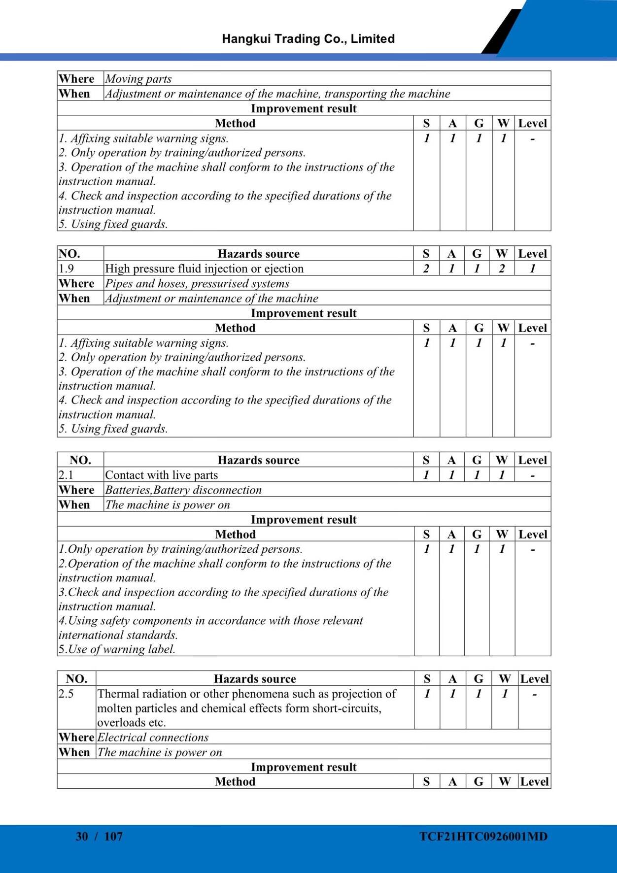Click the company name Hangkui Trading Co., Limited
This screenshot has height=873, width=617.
[308, 39]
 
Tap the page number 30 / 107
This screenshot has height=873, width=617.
[99, 836]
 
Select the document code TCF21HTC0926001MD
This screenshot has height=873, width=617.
[483, 836]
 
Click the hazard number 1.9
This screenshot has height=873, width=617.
[67, 269]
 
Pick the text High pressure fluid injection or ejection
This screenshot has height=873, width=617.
[204, 269]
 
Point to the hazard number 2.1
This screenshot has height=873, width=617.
[66, 475]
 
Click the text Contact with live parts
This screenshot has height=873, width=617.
[161, 475]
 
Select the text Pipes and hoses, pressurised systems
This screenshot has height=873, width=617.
[197, 283]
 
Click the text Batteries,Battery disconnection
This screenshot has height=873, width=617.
[183, 490]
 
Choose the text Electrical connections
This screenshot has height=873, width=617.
[153, 738]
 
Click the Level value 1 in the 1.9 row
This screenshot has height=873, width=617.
[532, 269]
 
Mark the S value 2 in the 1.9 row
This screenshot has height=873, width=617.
[426, 269]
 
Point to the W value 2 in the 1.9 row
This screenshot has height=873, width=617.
[502, 269]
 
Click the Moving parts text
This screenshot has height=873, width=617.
[138, 79]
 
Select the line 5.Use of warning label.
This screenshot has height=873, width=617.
[117, 649]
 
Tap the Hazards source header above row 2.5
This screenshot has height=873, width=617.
[255, 679]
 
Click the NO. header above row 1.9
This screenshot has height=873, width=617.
[69, 254]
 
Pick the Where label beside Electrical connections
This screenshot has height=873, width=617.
[76, 738]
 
